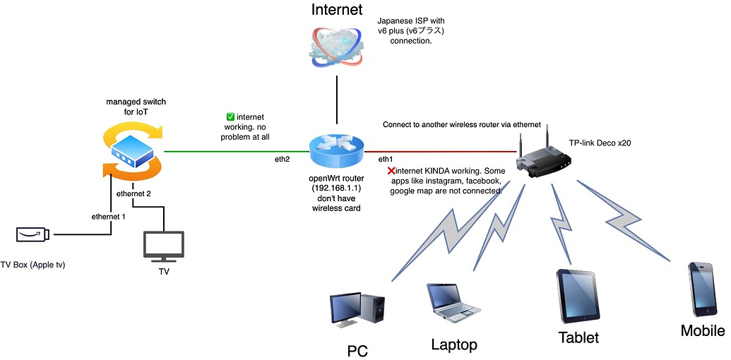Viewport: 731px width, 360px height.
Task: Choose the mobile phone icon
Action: [703, 289]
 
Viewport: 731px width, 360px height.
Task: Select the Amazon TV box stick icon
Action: [32, 234]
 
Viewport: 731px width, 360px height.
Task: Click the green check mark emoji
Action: [230, 117]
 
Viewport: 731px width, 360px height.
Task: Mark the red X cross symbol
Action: [391, 170]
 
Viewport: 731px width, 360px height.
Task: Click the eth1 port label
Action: [386, 159]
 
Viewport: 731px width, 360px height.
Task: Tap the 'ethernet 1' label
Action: [109, 216]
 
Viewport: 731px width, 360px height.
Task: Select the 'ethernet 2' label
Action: [133, 193]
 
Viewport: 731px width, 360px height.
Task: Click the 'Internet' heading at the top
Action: [337, 9]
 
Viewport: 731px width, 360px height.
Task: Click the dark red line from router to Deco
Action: [438, 150]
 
